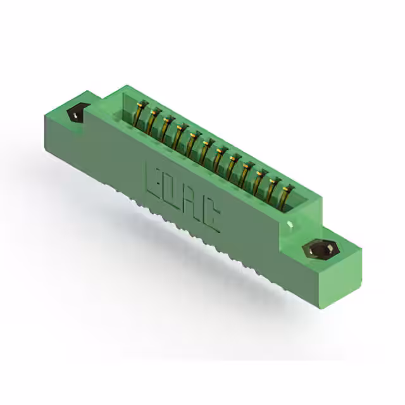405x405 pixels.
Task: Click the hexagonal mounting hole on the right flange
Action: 321,249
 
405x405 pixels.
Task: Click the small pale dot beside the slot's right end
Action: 290,223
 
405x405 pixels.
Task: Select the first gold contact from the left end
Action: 140,113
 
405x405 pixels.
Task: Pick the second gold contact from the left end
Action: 154,121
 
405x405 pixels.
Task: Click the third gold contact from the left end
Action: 167,128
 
